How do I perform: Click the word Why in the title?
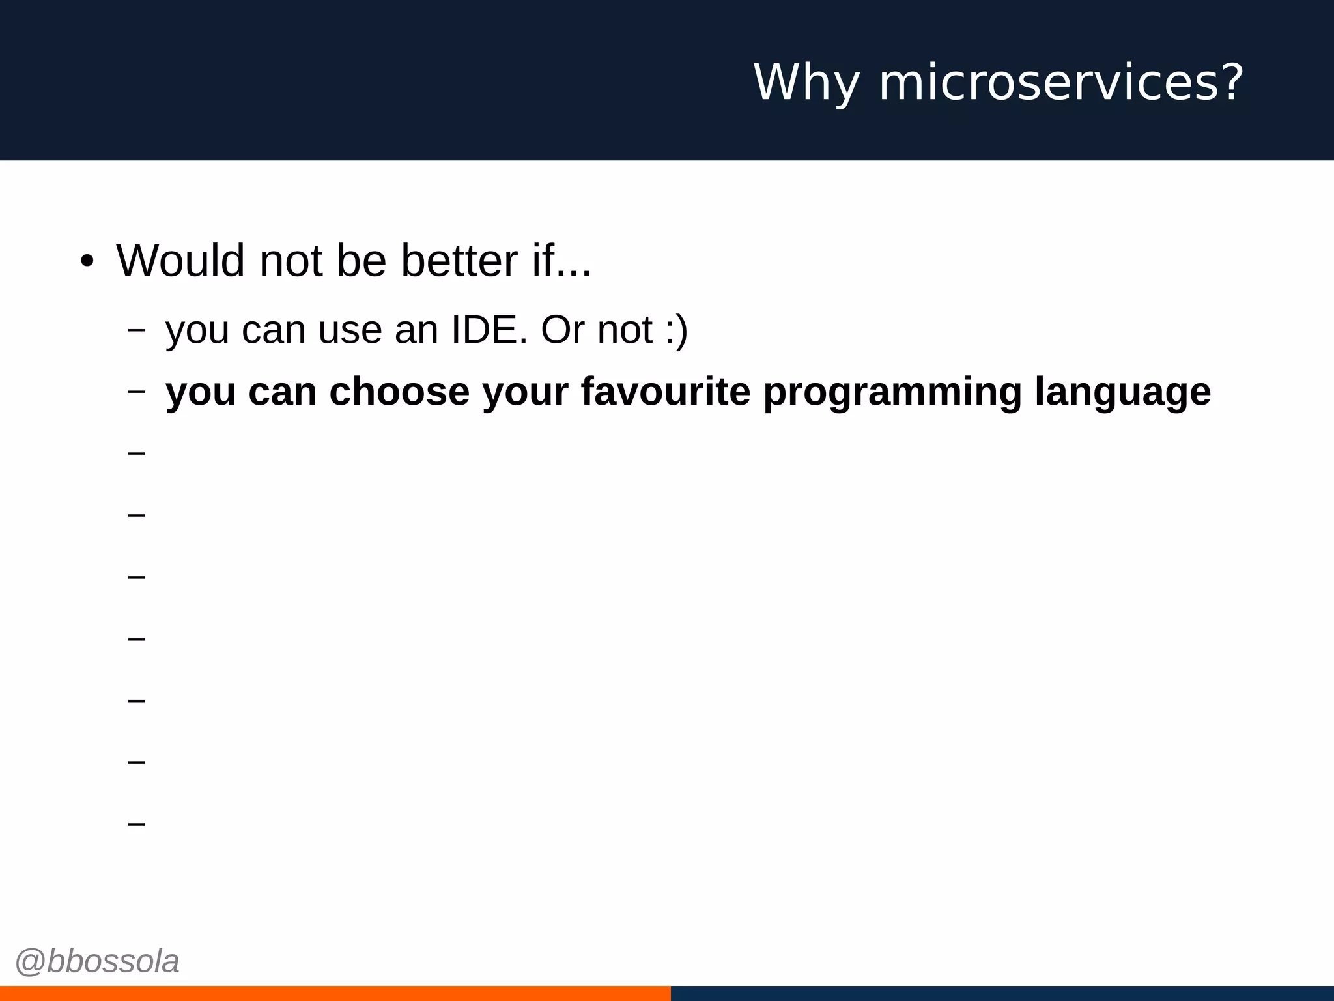[x=806, y=83]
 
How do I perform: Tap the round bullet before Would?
[x=87, y=262]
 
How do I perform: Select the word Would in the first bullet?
[x=180, y=261]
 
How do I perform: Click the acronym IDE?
[x=489, y=330]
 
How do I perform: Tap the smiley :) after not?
[x=677, y=331]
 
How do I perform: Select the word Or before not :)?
[x=562, y=330]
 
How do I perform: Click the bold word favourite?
[x=665, y=392]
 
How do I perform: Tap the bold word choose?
[x=399, y=392]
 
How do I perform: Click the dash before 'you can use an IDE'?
[x=136, y=330]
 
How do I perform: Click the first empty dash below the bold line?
[x=136, y=453]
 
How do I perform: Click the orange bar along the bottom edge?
[x=335, y=993]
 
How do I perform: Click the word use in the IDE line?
[x=350, y=331]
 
